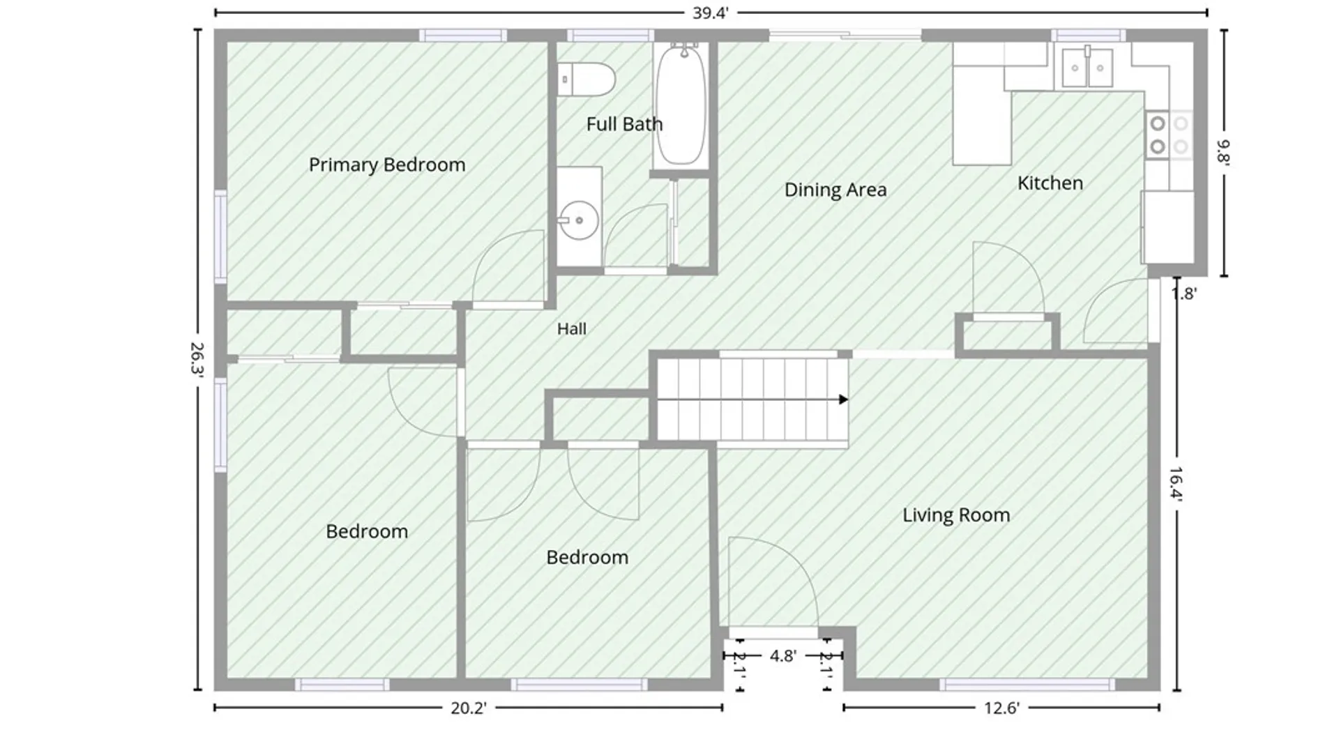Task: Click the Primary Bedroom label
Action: point(387,165)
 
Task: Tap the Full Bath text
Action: point(624,124)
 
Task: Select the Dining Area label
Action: point(835,190)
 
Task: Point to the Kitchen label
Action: point(1050,183)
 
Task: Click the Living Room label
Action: point(956,515)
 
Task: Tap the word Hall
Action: point(571,329)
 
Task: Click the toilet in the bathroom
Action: point(587,79)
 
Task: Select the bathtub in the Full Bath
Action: point(681,105)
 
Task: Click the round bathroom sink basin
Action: point(579,220)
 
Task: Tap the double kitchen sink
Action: point(1087,68)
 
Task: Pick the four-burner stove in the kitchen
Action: point(1169,135)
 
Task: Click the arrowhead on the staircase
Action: point(844,400)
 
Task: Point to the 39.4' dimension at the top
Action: point(711,13)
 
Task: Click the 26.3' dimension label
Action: point(198,359)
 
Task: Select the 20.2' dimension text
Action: point(469,708)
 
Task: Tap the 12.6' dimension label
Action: point(1001,708)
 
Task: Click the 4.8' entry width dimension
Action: point(783,656)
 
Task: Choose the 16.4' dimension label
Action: point(1177,484)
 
